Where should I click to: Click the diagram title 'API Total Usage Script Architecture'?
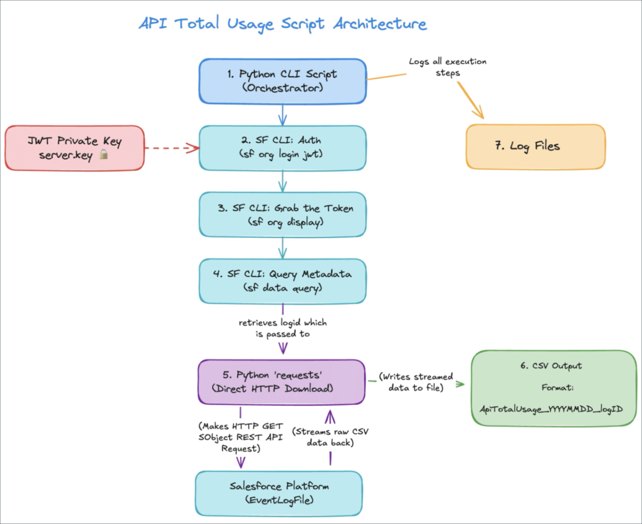click(282, 24)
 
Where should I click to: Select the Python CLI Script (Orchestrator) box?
click(282, 81)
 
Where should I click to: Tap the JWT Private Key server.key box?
click(75, 148)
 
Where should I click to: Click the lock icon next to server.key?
click(104, 154)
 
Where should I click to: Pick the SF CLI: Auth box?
click(282, 147)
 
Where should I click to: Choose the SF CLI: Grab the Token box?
click(282, 214)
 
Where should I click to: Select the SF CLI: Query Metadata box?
click(282, 281)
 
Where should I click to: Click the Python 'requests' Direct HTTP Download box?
click(282, 382)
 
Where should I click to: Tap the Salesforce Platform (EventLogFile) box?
click(279, 493)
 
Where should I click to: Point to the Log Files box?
click(535, 147)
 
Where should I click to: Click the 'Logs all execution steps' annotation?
click(448, 67)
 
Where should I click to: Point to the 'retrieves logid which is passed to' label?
click(283, 328)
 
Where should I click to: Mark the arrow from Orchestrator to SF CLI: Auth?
click(282, 114)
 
